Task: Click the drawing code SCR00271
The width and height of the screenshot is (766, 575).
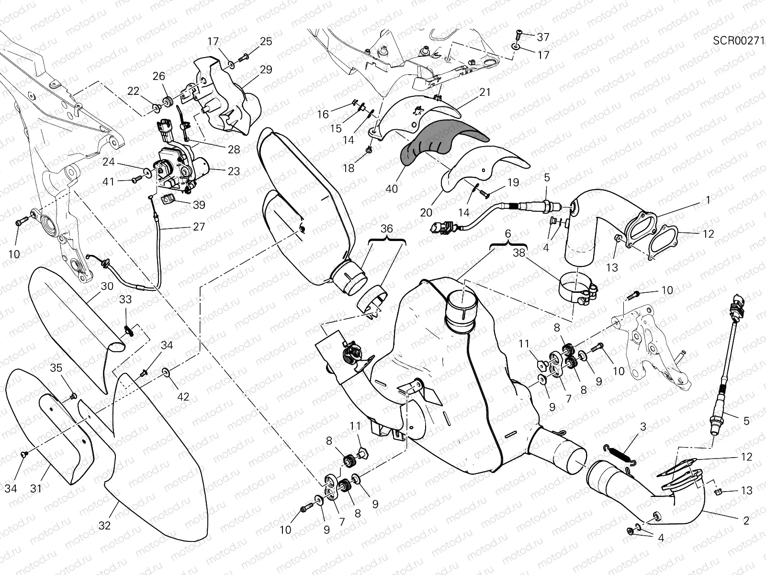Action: point(738,40)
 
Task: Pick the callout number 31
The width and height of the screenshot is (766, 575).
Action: point(36,488)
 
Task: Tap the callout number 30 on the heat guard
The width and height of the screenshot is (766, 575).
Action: point(107,286)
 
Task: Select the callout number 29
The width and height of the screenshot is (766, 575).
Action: point(266,69)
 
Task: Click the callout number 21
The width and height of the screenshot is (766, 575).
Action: point(485,92)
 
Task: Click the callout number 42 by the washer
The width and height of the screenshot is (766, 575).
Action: point(183,397)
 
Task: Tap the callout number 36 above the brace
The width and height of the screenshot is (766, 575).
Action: point(386,229)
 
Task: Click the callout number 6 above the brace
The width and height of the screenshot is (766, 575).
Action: point(508,233)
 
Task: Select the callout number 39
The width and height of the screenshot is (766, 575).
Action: point(199,205)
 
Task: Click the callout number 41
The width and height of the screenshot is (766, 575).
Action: point(110,182)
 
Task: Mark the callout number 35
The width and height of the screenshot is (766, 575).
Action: point(56,381)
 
